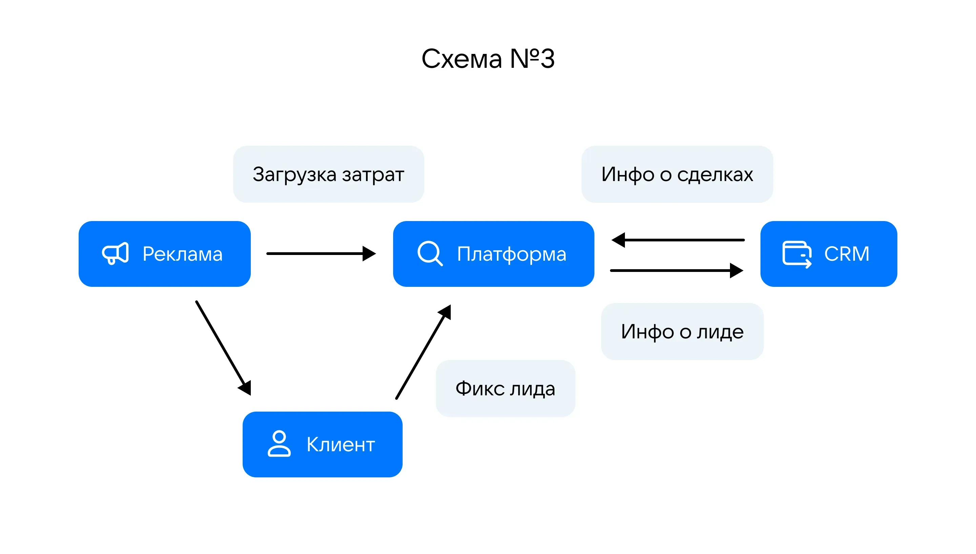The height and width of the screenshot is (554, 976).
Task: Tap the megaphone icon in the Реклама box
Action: pyautogui.click(x=115, y=253)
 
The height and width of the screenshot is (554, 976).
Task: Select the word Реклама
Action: pyautogui.click(x=183, y=254)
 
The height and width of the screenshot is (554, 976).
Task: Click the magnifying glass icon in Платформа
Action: pyautogui.click(x=430, y=253)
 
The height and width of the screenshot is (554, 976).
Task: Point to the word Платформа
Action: pyautogui.click(x=511, y=254)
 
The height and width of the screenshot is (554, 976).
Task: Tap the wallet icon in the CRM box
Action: pyautogui.click(x=796, y=254)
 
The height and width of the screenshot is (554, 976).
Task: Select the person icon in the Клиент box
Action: pyautogui.click(x=279, y=444)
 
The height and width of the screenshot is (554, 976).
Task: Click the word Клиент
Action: pyautogui.click(x=341, y=444)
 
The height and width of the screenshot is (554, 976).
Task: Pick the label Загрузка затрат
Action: pyautogui.click(x=328, y=174)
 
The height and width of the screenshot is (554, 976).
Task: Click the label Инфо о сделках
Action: pyautogui.click(x=677, y=174)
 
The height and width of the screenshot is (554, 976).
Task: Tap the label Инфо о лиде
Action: pyautogui.click(x=682, y=331)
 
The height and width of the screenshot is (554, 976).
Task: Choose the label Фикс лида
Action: pyautogui.click(x=505, y=389)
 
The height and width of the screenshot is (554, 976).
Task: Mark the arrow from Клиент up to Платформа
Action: pyautogui.click(x=423, y=352)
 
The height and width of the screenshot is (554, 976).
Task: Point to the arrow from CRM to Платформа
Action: pyautogui.click(x=677, y=240)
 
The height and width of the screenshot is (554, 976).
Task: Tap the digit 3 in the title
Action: pyautogui.click(x=548, y=59)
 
